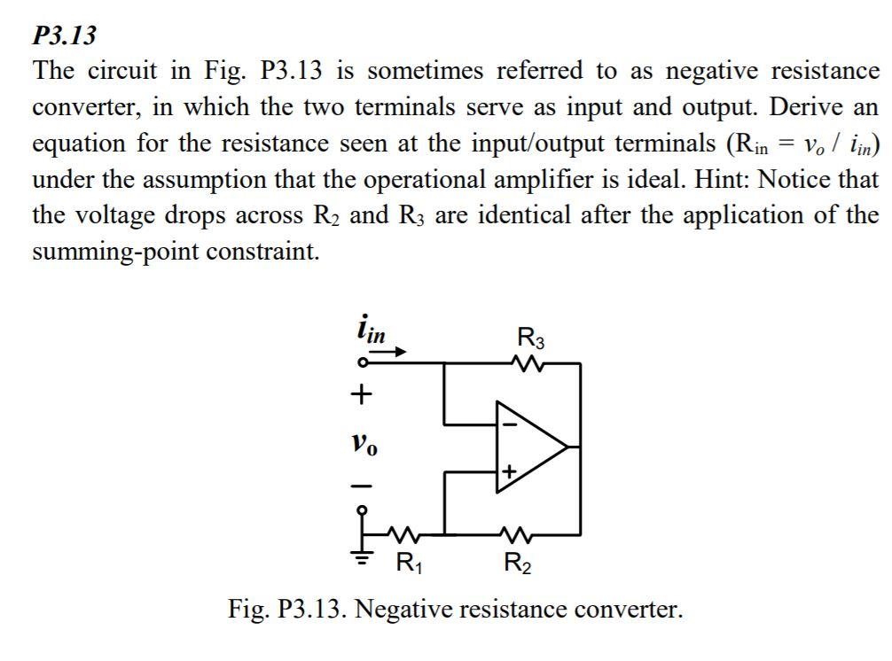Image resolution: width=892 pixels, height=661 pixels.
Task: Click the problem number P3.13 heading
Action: [64, 36]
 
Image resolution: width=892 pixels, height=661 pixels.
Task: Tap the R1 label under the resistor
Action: [408, 561]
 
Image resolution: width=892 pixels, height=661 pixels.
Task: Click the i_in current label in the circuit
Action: [370, 332]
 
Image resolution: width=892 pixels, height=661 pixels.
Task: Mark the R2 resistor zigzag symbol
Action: [515, 534]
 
